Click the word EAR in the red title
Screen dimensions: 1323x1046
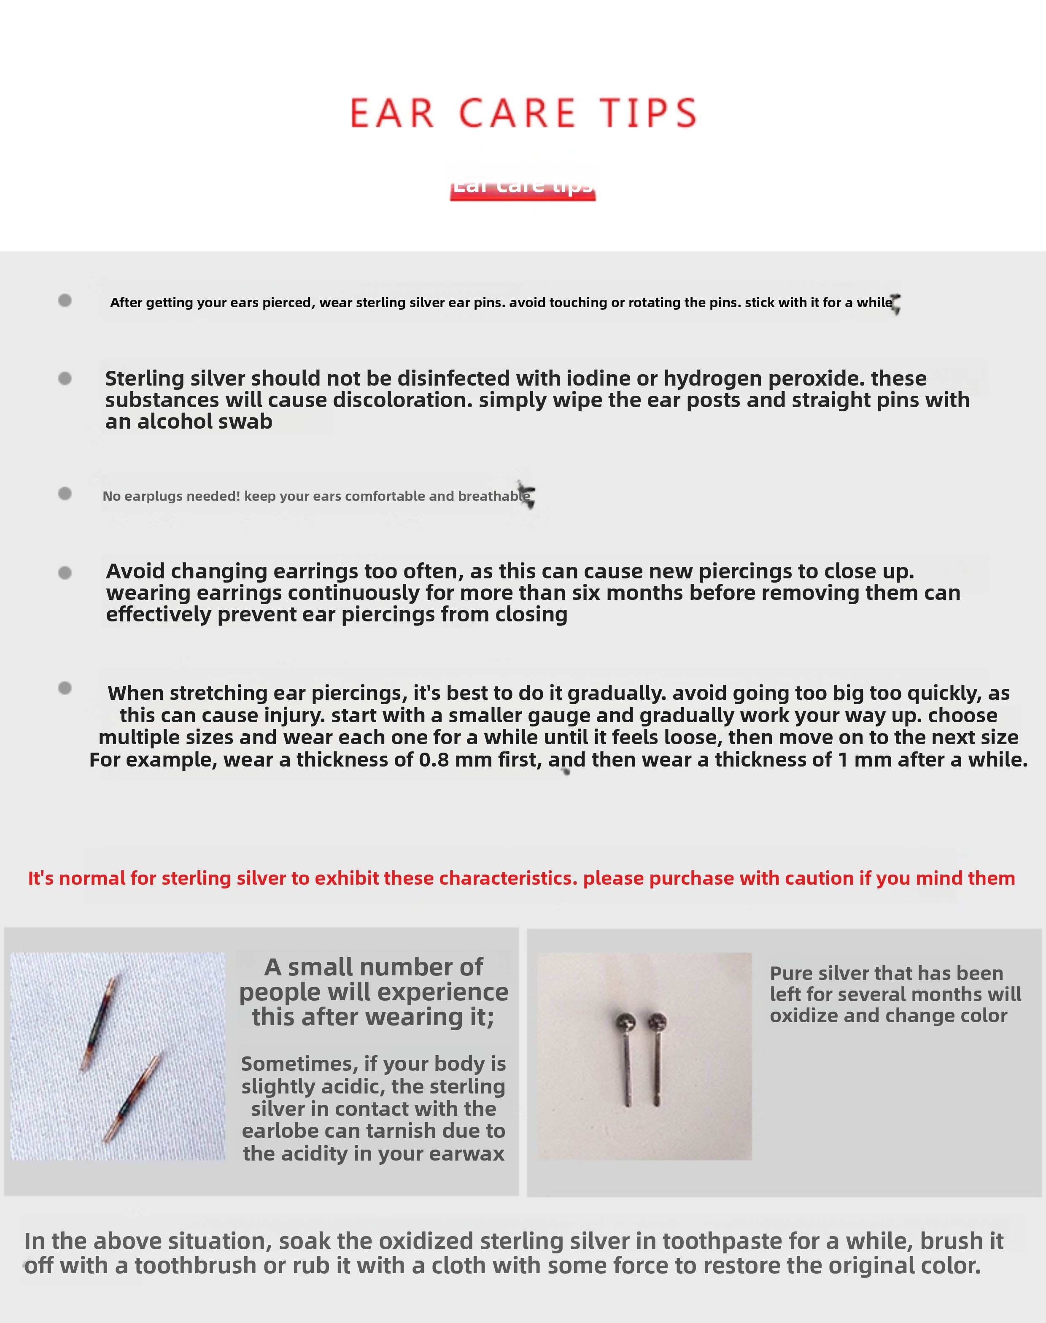pyautogui.click(x=392, y=113)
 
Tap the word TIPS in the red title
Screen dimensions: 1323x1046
pyautogui.click(x=648, y=113)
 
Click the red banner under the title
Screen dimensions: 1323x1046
pyautogui.click(x=523, y=187)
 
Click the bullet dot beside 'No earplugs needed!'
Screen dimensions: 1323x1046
pyautogui.click(x=65, y=494)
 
